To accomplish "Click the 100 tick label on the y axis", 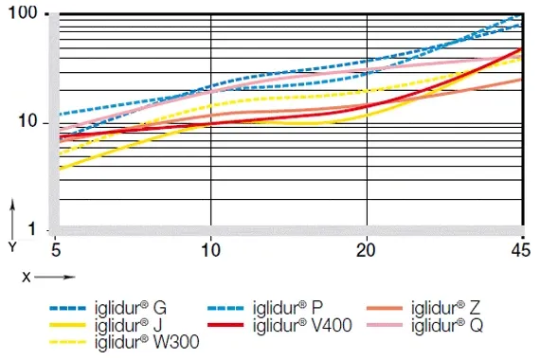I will [x=23, y=15].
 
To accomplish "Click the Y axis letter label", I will [x=12, y=245].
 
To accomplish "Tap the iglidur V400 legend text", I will [x=300, y=325].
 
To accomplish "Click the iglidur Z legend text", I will [x=447, y=308].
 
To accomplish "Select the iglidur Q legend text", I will [x=448, y=325].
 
